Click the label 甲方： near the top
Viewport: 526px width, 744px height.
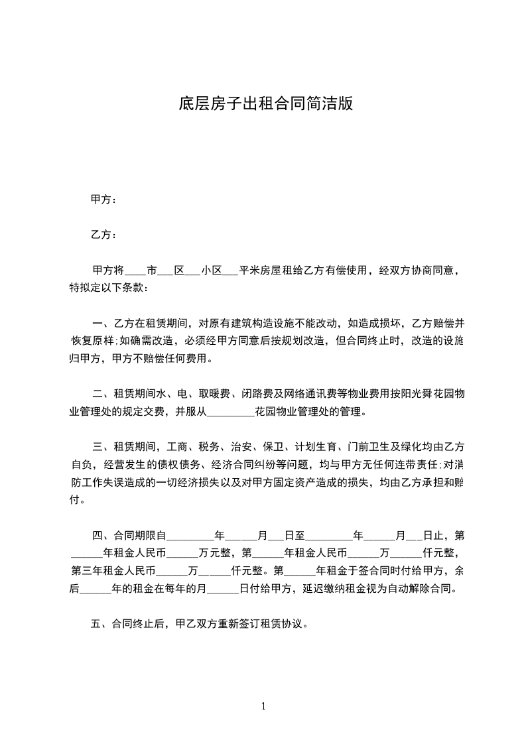[103, 200]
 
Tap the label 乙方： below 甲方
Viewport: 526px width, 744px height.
[103, 235]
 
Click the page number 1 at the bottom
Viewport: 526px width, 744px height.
[263, 706]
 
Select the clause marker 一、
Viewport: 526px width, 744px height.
[102, 324]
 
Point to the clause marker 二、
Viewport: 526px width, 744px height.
[102, 395]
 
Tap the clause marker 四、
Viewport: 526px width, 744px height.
[102, 535]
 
